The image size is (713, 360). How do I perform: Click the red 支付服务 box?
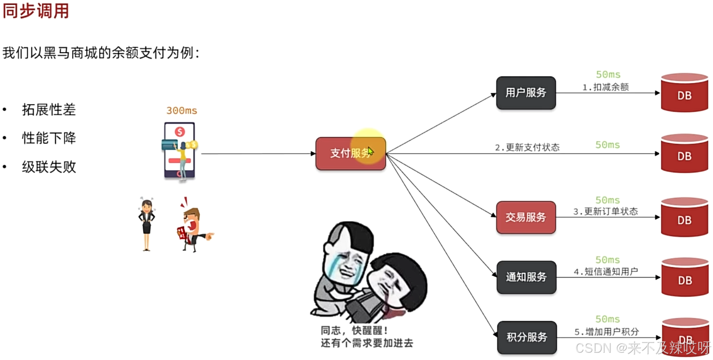pos(350,153)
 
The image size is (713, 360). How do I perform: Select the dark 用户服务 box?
pos(525,93)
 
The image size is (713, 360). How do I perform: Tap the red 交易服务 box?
pos(525,217)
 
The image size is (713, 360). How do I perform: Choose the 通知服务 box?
pos(526,277)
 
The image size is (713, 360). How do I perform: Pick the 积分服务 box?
pos(527,337)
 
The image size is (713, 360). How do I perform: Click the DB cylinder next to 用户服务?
pos(684,93)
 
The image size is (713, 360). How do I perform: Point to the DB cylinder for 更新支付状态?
pos(684,154)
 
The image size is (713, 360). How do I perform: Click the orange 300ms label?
pos(181,111)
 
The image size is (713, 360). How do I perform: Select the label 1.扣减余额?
pos(605,87)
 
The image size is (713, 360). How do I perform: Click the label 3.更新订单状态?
pos(605,211)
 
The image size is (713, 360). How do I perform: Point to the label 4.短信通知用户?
pos(605,272)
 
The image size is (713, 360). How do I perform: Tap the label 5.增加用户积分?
pos(606,332)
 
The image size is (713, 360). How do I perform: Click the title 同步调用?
pos(36,11)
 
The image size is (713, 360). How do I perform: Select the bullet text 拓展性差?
pos(49,110)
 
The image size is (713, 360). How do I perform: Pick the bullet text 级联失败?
pos(49,167)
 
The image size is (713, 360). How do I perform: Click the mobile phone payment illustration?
pos(179,150)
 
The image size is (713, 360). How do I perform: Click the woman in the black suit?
pos(146,223)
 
